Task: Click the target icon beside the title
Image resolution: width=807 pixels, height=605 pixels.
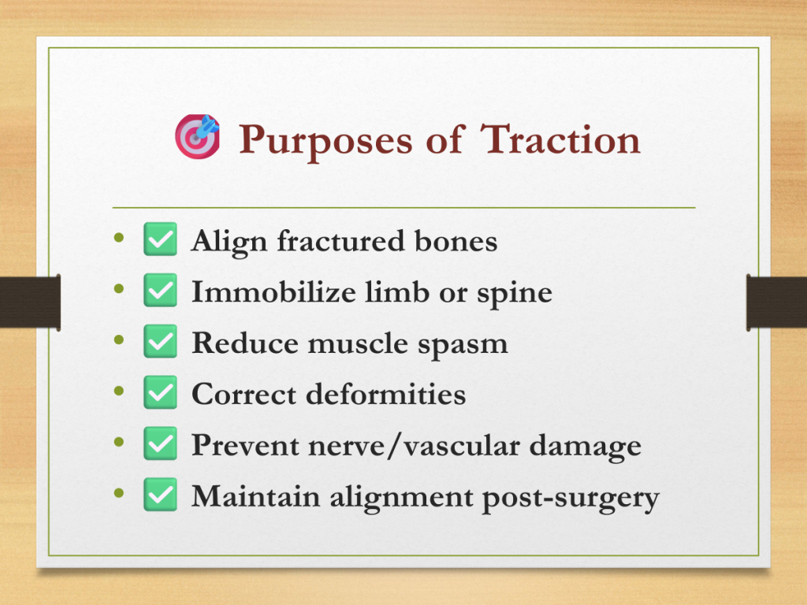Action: pos(197,136)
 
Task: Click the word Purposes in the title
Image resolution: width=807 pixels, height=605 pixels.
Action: pos(325,141)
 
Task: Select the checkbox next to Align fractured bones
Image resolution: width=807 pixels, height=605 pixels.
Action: pos(160,239)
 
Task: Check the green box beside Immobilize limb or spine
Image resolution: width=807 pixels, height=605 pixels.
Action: pos(160,290)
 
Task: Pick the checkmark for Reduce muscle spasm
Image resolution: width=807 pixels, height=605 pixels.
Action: pos(160,341)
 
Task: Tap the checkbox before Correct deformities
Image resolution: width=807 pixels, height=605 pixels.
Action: pos(160,392)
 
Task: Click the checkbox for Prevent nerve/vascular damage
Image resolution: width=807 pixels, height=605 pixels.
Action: pos(160,443)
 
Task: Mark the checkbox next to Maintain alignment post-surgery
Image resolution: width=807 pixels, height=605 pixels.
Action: pos(160,495)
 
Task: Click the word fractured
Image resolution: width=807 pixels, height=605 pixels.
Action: pos(341,240)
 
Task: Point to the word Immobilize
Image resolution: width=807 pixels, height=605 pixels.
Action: pos(273,291)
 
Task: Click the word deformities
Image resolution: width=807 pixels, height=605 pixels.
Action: pos(386,394)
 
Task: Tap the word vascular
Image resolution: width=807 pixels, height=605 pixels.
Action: pos(462,446)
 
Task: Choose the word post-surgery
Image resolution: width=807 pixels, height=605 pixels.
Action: pos(571,499)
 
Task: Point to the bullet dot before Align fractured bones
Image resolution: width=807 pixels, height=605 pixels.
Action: pos(119,237)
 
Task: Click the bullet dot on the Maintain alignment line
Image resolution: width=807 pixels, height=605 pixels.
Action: pos(119,493)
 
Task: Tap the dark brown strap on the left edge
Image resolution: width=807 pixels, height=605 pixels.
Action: pos(31,302)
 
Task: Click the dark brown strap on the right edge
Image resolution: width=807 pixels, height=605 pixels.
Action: pos(776,302)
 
